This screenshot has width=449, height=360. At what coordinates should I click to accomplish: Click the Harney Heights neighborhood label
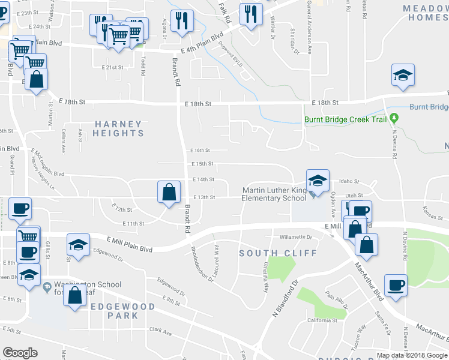[119, 128]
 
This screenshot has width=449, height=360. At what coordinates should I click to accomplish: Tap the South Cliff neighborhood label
[278, 253]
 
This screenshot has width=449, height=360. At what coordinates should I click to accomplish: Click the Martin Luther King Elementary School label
[274, 194]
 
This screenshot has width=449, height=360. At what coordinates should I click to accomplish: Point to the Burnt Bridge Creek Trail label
[345, 119]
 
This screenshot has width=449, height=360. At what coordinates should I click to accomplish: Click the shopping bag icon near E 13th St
[169, 193]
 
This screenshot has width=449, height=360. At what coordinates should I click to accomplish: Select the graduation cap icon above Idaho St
[318, 180]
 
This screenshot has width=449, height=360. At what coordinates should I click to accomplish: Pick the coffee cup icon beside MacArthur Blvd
[395, 285]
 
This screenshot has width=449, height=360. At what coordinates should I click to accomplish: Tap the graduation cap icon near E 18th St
[403, 75]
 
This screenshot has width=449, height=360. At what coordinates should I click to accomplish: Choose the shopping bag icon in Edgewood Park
[75, 295]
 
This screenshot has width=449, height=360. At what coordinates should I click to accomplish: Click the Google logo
[20, 353]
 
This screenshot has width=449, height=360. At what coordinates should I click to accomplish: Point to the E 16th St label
[201, 151]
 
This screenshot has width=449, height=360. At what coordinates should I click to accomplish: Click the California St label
[322, 320]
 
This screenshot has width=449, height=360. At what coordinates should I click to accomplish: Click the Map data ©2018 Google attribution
[412, 355]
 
